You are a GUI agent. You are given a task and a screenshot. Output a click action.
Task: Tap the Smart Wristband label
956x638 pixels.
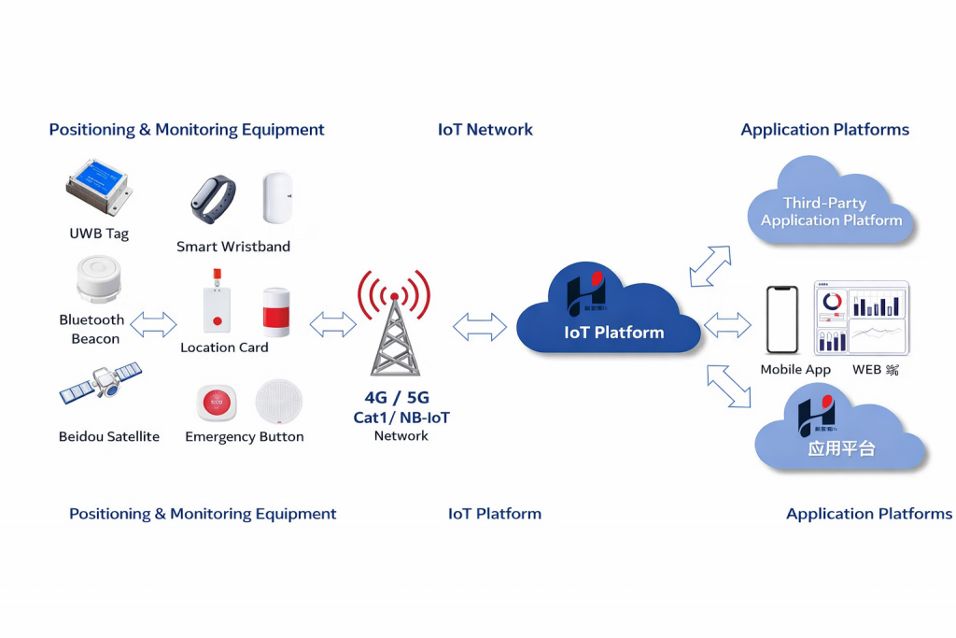pos(233,247)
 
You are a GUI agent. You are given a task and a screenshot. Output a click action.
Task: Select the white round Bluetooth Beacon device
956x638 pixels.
pos(97,280)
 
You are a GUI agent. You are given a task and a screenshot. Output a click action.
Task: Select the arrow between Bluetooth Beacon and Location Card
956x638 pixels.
pos(153,325)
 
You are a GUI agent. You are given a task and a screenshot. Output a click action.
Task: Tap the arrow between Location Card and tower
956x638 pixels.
pos(332,324)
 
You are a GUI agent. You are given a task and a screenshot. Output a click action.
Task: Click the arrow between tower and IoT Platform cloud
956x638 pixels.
pos(479,326)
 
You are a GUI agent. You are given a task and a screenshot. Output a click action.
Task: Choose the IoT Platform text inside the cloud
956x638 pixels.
pos(614,333)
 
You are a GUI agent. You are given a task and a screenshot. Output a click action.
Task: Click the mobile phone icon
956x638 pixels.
pos(781,320)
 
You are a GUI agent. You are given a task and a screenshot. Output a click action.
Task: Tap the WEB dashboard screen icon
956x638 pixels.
pos(861,318)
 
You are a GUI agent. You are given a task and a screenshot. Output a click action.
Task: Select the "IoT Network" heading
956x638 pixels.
pos(485,130)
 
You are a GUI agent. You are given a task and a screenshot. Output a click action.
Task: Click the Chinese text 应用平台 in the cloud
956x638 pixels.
pos(841,447)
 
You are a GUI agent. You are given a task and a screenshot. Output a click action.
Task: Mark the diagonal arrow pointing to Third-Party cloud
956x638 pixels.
pos(710,266)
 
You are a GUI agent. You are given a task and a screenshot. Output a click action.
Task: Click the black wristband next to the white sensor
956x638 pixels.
pos(214,198)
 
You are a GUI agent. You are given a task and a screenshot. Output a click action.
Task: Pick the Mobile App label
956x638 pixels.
pos(795,370)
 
